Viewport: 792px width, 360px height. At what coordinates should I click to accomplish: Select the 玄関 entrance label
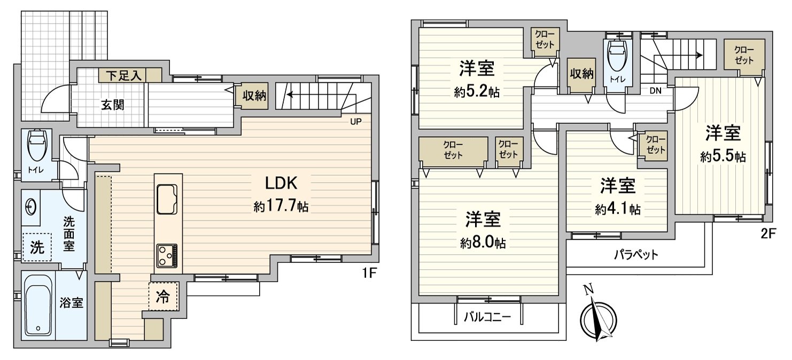coord(112,104)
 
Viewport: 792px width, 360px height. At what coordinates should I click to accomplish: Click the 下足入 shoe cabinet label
coord(122,75)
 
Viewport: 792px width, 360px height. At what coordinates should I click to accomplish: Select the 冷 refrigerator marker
coord(162,297)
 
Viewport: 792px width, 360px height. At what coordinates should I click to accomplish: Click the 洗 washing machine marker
coord(36,247)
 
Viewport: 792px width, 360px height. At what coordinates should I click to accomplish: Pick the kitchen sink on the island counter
coord(168,199)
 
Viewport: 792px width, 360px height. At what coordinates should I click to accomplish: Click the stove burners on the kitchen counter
coord(168,255)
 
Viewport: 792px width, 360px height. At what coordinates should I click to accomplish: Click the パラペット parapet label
coord(635,254)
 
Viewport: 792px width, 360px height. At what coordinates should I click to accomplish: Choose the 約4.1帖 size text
coord(617,209)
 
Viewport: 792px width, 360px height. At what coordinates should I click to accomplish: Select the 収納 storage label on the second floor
coord(581,74)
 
